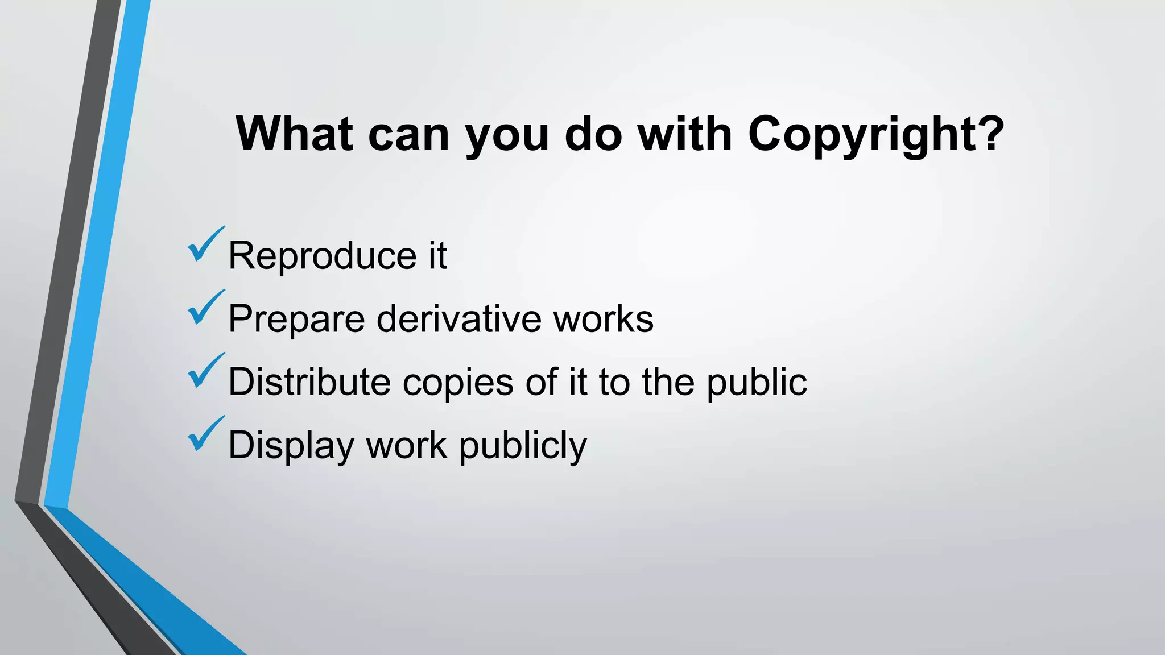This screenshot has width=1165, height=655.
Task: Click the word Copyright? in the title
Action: tap(876, 135)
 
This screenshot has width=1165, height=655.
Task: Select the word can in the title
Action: tap(409, 135)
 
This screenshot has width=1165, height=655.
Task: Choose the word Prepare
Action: tap(296, 319)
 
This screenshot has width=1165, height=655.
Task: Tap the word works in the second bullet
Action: tap(604, 319)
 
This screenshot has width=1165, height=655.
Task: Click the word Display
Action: tap(291, 446)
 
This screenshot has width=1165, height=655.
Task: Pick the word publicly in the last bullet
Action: tap(522, 446)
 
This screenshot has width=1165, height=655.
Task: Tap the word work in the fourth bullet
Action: tap(406, 445)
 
